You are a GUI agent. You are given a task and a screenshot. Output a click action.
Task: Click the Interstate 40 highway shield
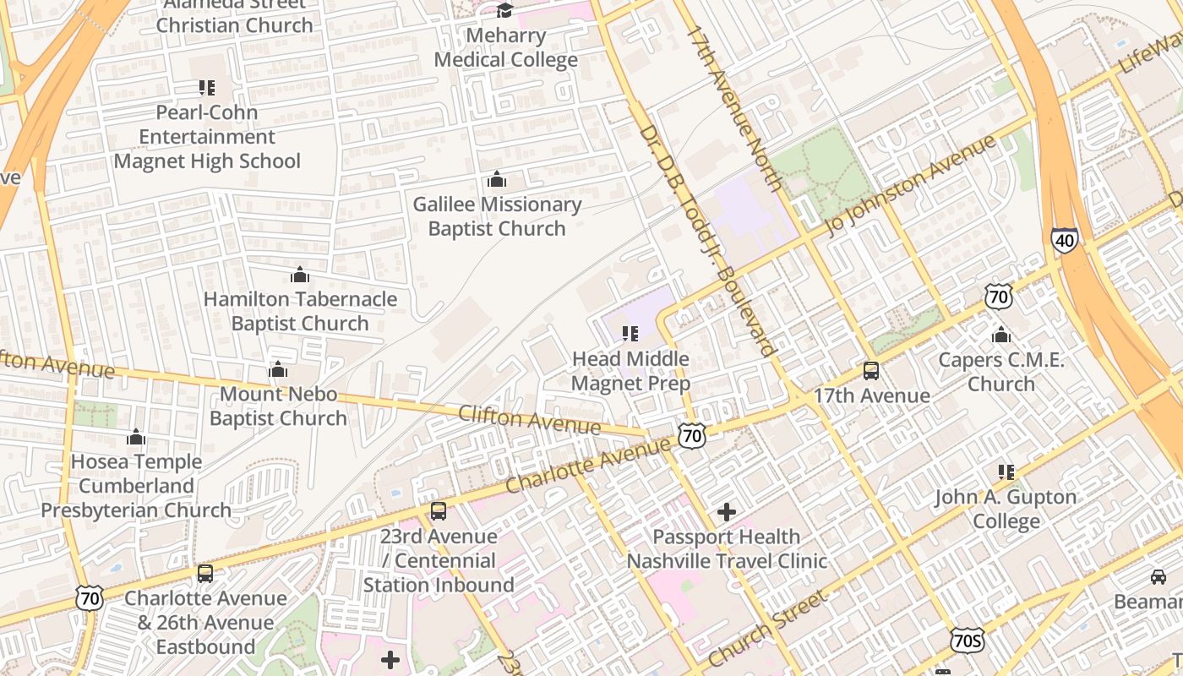tap(1065, 241)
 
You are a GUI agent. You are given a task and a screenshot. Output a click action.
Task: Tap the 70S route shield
tap(967, 640)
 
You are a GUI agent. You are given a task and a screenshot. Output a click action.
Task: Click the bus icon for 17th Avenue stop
tap(871, 371)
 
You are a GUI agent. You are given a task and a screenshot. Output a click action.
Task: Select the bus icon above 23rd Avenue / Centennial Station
tap(438, 511)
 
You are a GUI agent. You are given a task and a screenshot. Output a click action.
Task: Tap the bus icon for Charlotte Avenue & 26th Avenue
tap(205, 574)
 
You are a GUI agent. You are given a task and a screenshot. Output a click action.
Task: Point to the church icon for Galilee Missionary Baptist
tap(497, 180)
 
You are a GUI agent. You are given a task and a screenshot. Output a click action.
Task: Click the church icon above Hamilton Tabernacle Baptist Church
tap(300, 275)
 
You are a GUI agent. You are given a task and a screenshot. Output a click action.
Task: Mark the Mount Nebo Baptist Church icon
tap(278, 370)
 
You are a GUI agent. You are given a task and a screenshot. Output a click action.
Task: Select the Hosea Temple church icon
tap(136, 437)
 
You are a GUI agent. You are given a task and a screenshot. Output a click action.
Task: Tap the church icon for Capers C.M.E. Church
tap(1001, 335)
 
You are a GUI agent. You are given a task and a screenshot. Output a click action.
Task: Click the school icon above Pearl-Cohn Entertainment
tap(207, 87)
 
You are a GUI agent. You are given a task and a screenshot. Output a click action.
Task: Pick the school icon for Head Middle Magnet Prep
tap(630, 334)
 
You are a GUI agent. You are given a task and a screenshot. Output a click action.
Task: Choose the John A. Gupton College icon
tap(1006, 472)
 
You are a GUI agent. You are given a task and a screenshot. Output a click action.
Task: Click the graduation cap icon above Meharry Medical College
tap(505, 11)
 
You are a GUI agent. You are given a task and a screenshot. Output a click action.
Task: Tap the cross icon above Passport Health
tap(727, 511)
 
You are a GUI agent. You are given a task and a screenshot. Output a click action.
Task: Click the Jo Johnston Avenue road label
tap(913, 186)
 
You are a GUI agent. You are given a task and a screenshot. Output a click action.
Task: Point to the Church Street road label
tap(767, 630)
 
